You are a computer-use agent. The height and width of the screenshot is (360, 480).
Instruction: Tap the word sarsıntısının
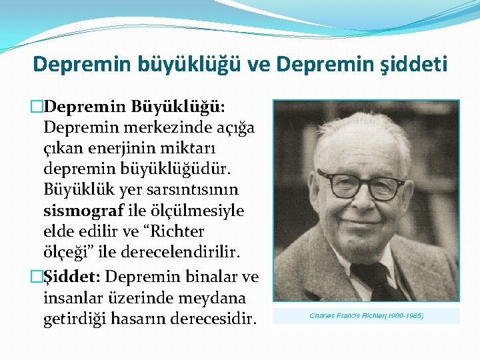tap(194, 190)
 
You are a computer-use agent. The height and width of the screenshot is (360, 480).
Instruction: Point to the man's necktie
tap(377, 280)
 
